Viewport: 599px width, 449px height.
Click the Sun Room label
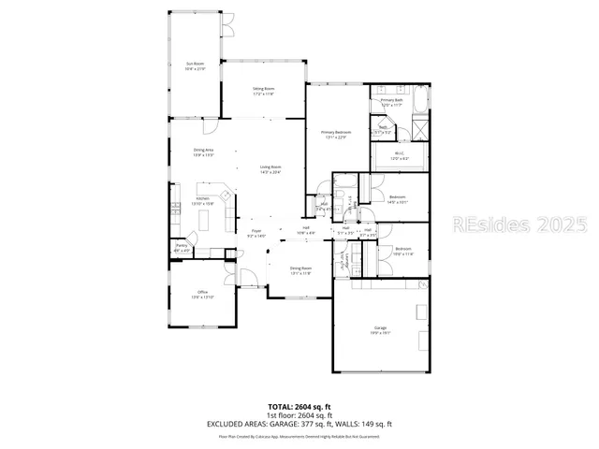(195, 66)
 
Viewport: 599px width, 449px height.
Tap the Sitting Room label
(262, 92)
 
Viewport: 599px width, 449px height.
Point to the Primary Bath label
(392, 101)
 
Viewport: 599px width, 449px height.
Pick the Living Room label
(270, 169)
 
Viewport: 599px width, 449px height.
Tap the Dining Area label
(204, 152)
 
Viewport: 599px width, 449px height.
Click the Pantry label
(183, 248)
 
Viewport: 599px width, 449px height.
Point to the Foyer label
(256, 234)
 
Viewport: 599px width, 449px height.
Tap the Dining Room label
(300, 271)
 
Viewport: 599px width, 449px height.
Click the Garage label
(381, 329)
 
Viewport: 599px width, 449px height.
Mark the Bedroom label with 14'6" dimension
(397, 198)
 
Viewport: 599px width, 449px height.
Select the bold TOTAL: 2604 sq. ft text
(299, 406)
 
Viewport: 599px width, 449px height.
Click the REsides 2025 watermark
(519, 224)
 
